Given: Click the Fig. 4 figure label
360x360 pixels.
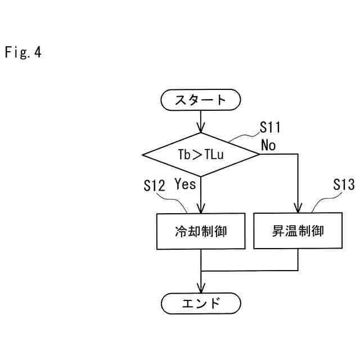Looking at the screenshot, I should point(23,53).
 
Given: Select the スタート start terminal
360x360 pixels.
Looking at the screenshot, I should point(201,101).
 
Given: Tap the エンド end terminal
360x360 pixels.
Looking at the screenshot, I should point(201,304).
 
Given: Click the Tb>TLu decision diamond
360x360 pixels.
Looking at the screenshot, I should point(201,154).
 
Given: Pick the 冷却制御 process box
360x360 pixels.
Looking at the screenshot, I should point(201,231).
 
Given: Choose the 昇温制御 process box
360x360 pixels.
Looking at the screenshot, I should point(298,231).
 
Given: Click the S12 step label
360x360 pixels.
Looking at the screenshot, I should point(154,186).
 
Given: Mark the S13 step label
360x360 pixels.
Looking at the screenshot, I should point(344,185).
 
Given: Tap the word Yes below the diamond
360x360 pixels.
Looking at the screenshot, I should point(185,183).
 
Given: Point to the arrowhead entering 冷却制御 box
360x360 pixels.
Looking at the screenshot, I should point(201,209).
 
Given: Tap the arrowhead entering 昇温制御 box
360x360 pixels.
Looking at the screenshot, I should point(298,209).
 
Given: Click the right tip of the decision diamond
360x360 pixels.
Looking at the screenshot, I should point(259,154).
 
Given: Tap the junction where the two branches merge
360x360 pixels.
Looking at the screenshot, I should point(201,271).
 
